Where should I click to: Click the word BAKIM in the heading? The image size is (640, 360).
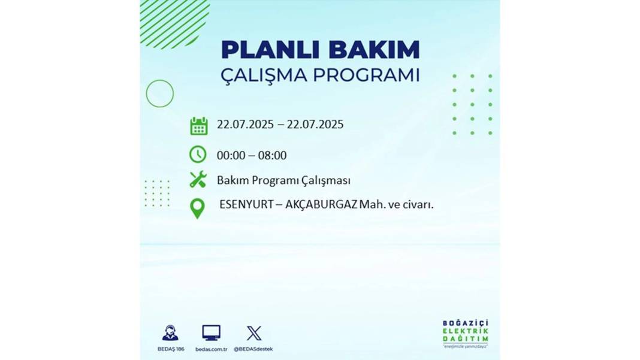pos(374,50)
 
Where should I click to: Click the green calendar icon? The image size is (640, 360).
pos(199,126)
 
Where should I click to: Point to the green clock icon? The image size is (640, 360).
pos(198,155)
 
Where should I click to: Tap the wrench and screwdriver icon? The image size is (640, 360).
pos(198,180)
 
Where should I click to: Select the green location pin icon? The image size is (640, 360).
pos(198,208)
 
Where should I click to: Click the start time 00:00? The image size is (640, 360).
pos(231,156)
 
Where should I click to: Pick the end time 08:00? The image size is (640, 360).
pos(272,156)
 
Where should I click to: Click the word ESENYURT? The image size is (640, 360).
pos(246,204)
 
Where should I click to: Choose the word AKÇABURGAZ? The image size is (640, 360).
pos(321,204)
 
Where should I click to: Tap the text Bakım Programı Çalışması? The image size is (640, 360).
pos(283,180)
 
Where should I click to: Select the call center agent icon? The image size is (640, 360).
pos(170,332)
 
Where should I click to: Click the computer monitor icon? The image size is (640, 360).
pos(212,333)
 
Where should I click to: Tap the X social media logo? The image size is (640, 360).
pos(254,333)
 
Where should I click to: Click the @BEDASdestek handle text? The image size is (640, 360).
pos(253,349)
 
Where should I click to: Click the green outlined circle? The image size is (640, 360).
pos(146,93)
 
